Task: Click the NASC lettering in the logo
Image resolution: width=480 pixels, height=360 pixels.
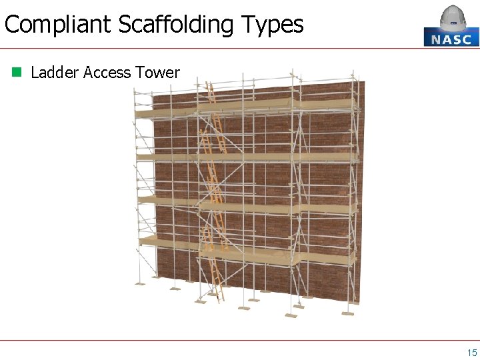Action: point(451,39)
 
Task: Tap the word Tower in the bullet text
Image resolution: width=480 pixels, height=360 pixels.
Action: point(157,73)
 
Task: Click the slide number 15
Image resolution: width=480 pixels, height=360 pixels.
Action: point(471,353)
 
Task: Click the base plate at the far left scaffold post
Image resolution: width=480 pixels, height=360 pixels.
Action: point(139,283)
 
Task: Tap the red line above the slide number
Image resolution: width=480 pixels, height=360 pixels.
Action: point(240,340)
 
